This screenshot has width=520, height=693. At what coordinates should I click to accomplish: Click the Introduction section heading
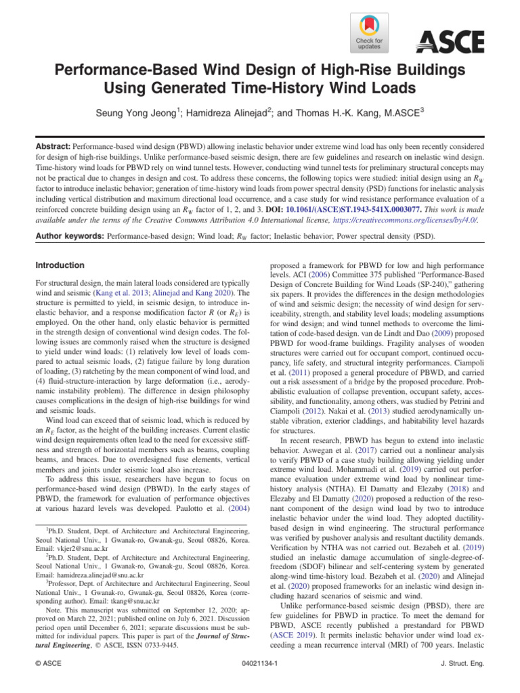(60, 265)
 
